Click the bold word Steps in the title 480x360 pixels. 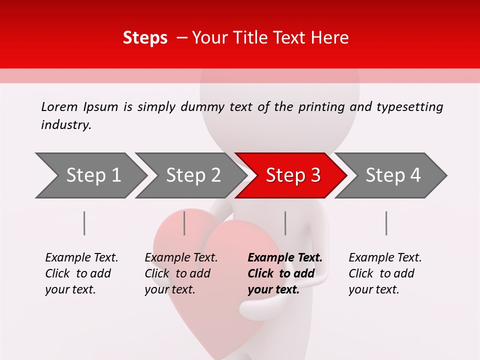(145, 38)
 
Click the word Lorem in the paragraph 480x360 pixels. (59, 106)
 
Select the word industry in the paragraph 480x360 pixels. (65, 125)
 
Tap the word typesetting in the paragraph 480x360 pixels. (409, 107)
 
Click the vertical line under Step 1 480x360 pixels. (84, 223)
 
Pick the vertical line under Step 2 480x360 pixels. (184, 223)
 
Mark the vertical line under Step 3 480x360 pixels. (285, 223)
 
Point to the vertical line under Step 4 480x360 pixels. (386, 223)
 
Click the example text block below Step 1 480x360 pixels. (81, 273)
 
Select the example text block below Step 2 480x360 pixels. (181, 273)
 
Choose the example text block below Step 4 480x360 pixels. (385, 273)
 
